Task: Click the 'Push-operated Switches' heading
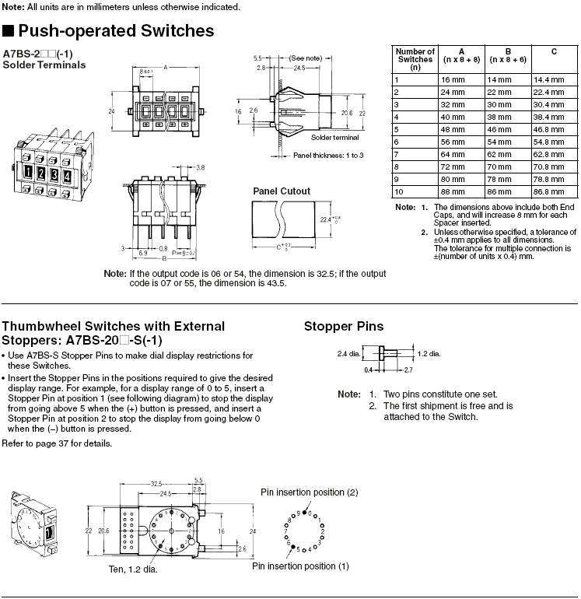[x=116, y=31]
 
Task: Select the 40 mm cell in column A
[x=453, y=117]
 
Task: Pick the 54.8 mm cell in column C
[x=548, y=142]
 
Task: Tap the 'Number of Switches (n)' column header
[x=415, y=59]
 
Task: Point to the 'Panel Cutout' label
[x=282, y=191]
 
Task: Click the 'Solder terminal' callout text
[x=334, y=138]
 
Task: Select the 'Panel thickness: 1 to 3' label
[x=328, y=156]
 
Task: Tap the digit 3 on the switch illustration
[x=54, y=174]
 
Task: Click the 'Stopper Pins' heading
[x=344, y=326]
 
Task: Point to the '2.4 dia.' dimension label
[x=348, y=354]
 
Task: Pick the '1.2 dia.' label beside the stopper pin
[x=429, y=354]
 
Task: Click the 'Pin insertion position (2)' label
[x=310, y=492]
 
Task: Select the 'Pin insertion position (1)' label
[x=301, y=566]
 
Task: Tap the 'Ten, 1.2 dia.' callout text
[x=133, y=569]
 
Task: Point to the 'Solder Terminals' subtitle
[x=44, y=65]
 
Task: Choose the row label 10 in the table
[x=399, y=192]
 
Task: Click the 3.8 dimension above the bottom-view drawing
[x=201, y=168]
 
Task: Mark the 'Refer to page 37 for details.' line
[x=57, y=443]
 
